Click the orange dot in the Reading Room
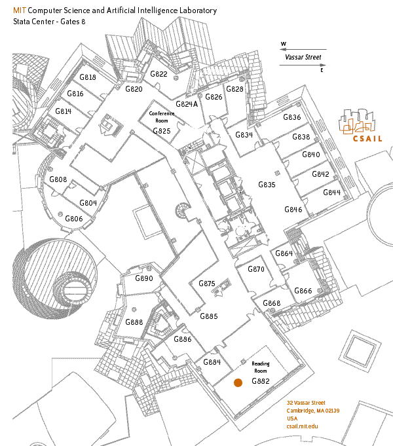pos(238,382)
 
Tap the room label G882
pos(261,381)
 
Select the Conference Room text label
pos(162,117)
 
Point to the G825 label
pos(162,131)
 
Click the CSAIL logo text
pos(367,139)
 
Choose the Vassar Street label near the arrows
pos(303,57)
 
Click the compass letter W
pos(284,45)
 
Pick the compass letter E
pos(322,69)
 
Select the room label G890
pos(143,278)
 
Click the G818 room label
pos(88,77)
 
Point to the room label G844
pos(332,193)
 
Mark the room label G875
pos(206,284)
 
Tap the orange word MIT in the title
pos(19,11)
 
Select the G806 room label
pos(74,219)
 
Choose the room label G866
pos(303,291)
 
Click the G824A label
pos(187,103)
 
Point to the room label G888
pos(134,322)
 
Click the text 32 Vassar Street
pos(306,402)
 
